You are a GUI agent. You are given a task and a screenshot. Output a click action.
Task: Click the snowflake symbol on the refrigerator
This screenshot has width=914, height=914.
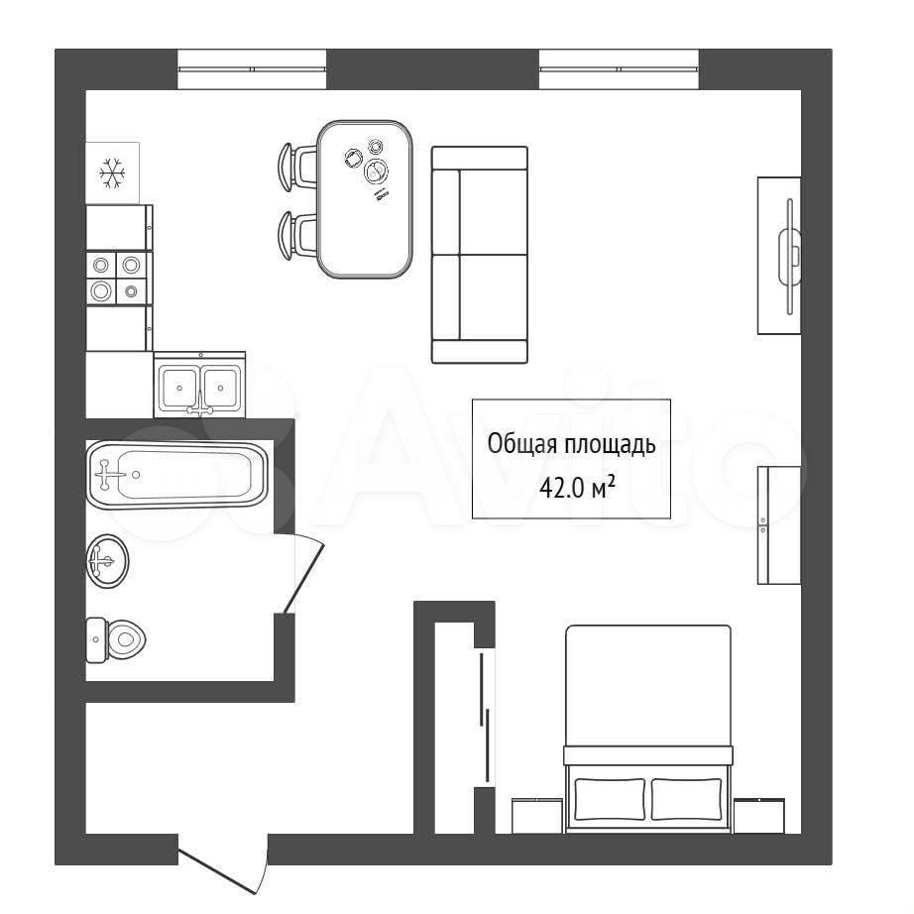point(112,173)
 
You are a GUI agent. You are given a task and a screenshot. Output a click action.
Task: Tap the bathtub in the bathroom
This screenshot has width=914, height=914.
point(177,475)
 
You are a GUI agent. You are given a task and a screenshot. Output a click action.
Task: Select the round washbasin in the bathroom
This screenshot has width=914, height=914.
point(108,561)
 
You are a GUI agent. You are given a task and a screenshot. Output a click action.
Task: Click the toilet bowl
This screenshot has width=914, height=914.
point(116,640)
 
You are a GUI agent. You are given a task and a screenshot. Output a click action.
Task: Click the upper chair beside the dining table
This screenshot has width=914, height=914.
point(297,167)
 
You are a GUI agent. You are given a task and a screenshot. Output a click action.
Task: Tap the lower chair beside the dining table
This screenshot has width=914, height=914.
point(297,235)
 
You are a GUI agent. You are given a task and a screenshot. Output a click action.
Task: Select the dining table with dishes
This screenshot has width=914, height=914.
point(365,199)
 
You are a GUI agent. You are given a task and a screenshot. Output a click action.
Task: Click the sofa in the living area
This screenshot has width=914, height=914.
point(479,255)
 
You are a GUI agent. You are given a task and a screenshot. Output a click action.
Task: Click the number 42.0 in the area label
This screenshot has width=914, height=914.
point(561,488)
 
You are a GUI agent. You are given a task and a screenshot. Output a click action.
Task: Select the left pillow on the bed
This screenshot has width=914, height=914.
point(610,799)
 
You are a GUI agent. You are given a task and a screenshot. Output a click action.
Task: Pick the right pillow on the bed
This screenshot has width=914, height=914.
point(687,799)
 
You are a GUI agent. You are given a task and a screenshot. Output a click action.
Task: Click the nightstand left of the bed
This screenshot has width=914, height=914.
point(537,816)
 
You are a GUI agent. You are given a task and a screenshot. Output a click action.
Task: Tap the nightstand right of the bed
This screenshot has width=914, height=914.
point(759,816)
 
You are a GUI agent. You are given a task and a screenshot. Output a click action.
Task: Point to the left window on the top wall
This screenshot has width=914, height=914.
point(252,68)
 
